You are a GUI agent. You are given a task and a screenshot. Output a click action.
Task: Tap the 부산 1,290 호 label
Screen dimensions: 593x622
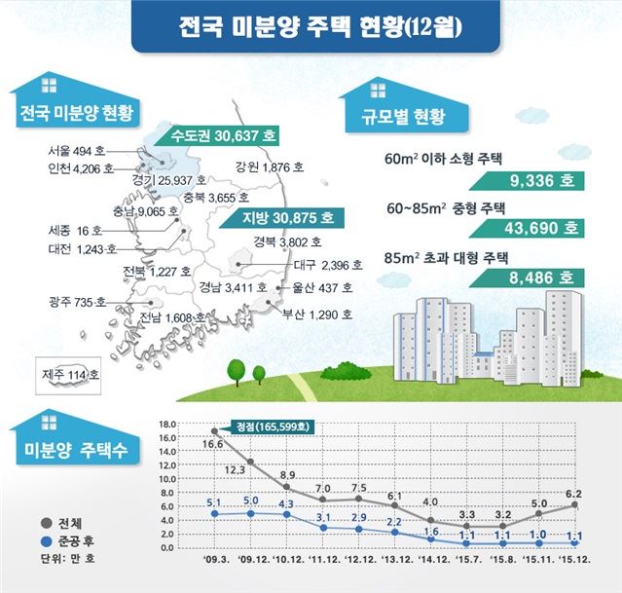coord(312,315)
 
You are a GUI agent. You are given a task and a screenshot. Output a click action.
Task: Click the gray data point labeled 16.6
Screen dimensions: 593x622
coord(215,430)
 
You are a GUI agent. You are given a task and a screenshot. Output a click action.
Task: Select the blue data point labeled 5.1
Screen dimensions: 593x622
coord(215,513)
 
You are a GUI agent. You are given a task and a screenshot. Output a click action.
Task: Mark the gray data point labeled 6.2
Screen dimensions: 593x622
coord(575,504)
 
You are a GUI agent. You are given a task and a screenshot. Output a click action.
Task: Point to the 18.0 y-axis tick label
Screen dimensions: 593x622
coord(165,424)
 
